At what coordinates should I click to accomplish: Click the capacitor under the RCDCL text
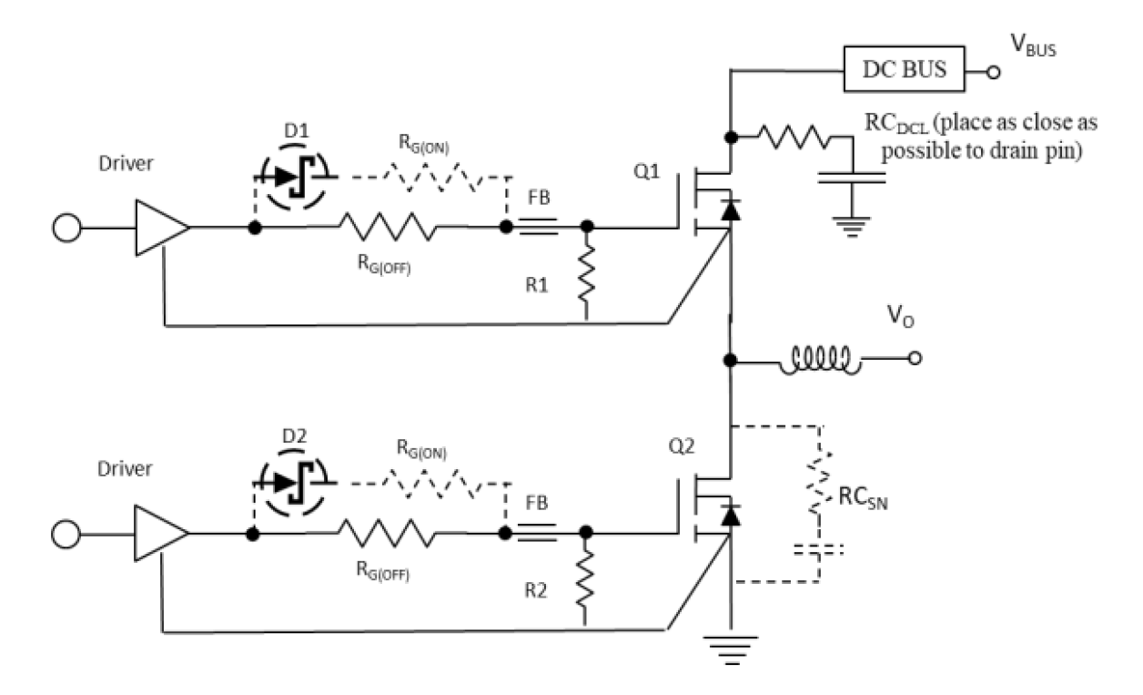852,179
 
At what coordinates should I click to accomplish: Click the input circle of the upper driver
67,228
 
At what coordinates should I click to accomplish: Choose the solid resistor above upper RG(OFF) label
388,227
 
